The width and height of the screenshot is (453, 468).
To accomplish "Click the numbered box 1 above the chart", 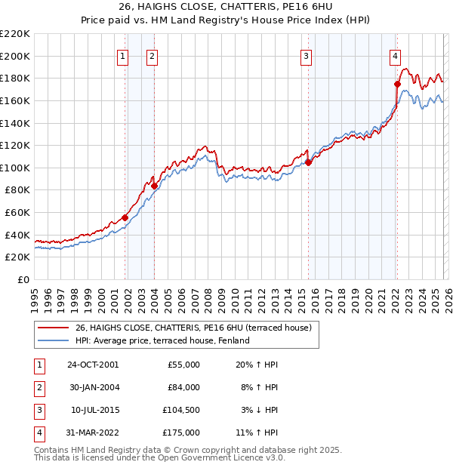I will (x=122, y=55).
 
